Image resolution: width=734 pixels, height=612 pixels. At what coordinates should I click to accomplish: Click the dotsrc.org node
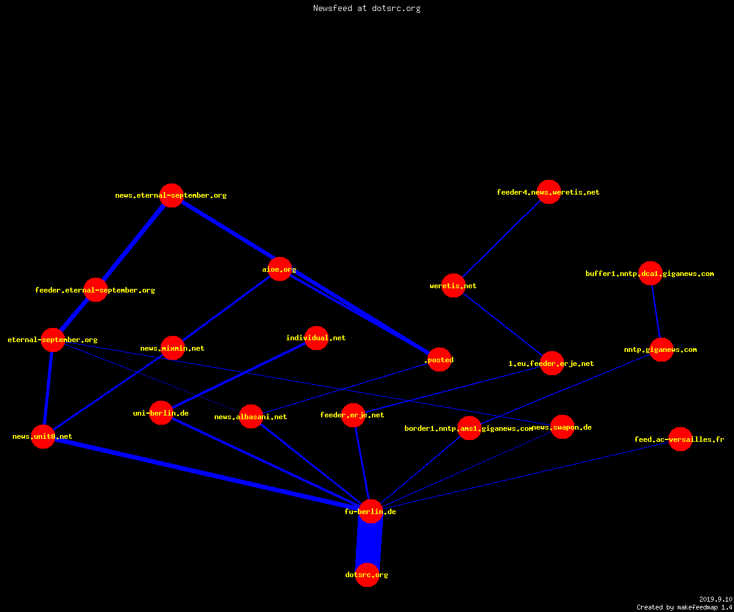367,575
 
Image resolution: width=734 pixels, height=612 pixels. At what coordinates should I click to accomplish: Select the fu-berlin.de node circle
371,512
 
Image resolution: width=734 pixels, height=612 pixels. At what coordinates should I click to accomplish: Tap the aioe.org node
280,269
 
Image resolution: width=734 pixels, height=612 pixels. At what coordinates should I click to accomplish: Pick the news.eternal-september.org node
171,195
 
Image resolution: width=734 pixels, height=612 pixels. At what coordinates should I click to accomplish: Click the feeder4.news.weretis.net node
549,192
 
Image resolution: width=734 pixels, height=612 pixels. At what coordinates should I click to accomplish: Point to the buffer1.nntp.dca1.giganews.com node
650,274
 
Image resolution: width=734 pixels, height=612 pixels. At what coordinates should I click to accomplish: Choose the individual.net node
316,338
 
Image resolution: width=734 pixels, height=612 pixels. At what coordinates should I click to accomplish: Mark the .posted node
439,359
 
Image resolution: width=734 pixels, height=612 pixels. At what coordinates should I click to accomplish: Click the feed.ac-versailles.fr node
680,439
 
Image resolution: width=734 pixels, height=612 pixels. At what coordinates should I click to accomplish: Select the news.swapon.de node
563,427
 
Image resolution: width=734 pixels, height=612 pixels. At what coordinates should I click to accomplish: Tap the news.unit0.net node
43,436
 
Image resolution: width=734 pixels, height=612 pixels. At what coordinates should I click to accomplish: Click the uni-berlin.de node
161,412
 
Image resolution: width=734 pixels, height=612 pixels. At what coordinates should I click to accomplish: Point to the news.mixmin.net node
172,348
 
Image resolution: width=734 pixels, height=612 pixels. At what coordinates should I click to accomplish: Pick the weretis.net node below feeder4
453,285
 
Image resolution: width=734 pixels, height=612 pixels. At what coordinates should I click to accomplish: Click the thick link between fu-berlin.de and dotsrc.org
369,543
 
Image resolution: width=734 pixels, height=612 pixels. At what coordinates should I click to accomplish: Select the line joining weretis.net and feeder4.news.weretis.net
502,239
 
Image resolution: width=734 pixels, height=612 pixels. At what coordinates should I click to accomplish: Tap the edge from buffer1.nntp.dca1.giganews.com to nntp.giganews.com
656,312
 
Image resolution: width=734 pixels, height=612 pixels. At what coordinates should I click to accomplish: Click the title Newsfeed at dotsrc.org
366,8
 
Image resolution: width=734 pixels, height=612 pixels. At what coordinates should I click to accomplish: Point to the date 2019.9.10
716,599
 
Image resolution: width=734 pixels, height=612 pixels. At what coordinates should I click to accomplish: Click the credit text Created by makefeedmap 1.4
684,608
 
